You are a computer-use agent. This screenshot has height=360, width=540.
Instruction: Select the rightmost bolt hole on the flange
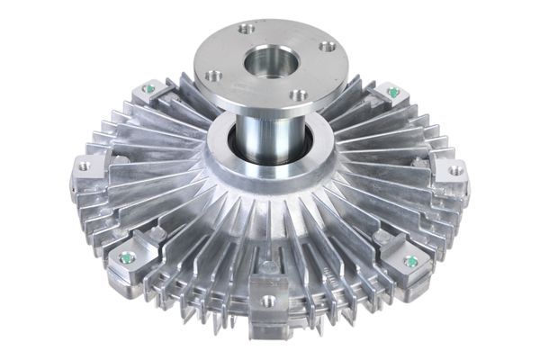tap(328, 45)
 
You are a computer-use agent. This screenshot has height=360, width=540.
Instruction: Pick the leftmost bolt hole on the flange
tap(213, 76)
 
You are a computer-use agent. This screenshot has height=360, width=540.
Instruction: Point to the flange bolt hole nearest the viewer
tap(301, 94)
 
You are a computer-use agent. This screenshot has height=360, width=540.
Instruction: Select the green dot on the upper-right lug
tap(393, 91)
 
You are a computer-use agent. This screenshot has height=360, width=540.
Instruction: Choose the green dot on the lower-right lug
tap(411, 261)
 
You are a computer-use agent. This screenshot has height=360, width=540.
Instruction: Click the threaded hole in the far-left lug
tap(85, 166)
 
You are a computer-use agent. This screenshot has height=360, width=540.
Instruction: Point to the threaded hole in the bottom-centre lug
tap(268, 301)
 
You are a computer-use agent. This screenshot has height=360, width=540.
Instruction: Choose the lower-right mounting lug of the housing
tap(409, 264)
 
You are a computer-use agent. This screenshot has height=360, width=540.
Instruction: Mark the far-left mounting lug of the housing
tap(87, 171)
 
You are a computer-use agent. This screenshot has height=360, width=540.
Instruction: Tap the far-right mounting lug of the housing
tap(453, 173)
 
